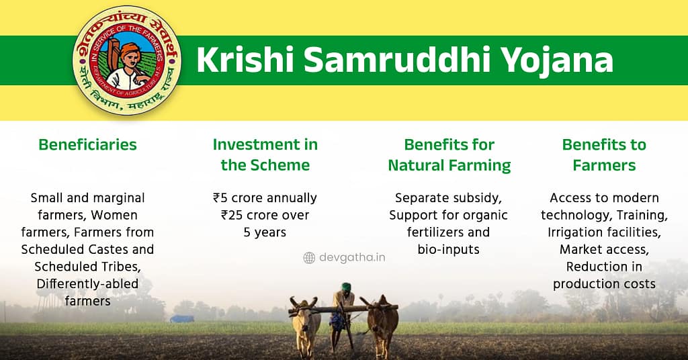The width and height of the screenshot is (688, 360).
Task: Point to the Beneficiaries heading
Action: pyautogui.click(x=87, y=144)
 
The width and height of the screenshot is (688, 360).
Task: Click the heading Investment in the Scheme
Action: pyautogui.click(x=265, y=154)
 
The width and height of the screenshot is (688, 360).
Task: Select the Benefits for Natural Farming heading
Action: pyautogui.click(x=449, y=154)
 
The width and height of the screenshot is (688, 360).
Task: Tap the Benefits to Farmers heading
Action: pyautogui.click(x=604, y=154)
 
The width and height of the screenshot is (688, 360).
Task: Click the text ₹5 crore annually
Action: pyautogui.click(x=265, y=198)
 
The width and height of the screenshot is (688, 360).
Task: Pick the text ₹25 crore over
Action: pyautogui.click(x=265, y=215)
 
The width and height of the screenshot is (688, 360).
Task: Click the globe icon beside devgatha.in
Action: pyautogui.click(x=309, y=257)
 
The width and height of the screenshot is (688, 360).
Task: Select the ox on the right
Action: pyautogui.click(x=384, y=322)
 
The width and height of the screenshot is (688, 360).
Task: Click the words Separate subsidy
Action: pyautogui.click(x=449, y=198)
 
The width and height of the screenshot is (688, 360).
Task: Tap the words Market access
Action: pyautogui.click(x=604, y=249)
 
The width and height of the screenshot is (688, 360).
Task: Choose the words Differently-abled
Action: pyautogui.click(x=87, y=283)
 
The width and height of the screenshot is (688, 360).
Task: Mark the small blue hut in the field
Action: pyautogui.click(x=181, y=318)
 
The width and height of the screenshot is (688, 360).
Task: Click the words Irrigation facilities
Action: pyautogui.click(x=604, y=232)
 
